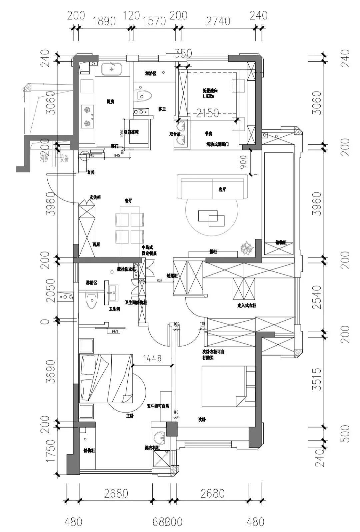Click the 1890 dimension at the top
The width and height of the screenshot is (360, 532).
(104, 21)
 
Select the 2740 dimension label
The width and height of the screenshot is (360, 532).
(218, 21)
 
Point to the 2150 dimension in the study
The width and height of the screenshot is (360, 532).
(207, 113)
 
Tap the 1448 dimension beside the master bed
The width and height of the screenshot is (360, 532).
(152, 358)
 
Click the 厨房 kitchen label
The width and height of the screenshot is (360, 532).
(110, 101)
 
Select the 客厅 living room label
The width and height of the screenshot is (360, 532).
(222, 189)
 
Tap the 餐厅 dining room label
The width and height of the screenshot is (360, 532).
(128, 201)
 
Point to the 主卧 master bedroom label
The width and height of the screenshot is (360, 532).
(130, 416)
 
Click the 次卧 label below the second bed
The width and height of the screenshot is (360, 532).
(202, 419)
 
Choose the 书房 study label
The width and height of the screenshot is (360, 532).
(209, 133)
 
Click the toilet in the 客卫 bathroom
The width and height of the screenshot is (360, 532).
(144, 95)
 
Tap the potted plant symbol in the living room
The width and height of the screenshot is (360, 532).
(247, 248)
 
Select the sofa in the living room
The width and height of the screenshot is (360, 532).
(212, 186)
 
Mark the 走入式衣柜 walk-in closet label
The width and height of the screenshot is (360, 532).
(246, 305)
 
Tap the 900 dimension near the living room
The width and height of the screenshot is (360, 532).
(243, 162)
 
